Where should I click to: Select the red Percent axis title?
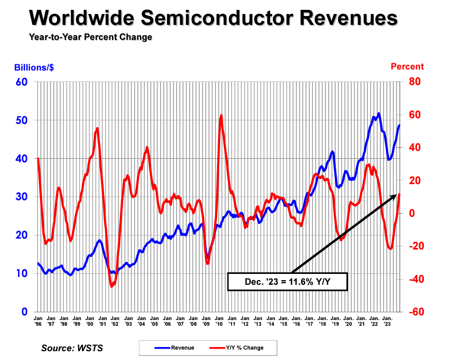[407, 66]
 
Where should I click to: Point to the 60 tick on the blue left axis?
[22, 82]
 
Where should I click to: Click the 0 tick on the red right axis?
[411, 213]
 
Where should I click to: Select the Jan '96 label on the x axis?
[38, 320]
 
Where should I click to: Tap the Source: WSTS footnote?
[72, 348]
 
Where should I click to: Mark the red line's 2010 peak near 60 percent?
[221, 115]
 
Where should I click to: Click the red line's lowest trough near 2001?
[111, 286]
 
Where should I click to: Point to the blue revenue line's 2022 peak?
[379, 113]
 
